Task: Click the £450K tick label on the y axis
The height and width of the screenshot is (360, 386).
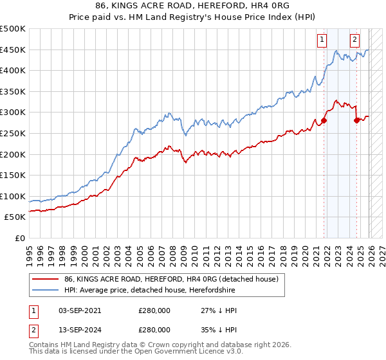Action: (x=13, y=50)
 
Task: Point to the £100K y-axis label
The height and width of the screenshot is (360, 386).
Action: (x=13, y=196)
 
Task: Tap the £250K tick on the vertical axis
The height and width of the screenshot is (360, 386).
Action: (x=13, y=133)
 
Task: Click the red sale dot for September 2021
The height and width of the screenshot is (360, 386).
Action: (x=324, y=120)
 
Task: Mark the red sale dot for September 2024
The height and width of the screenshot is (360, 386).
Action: (x=357, y=120)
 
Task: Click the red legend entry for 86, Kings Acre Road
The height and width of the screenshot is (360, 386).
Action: (x=170, y=279)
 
